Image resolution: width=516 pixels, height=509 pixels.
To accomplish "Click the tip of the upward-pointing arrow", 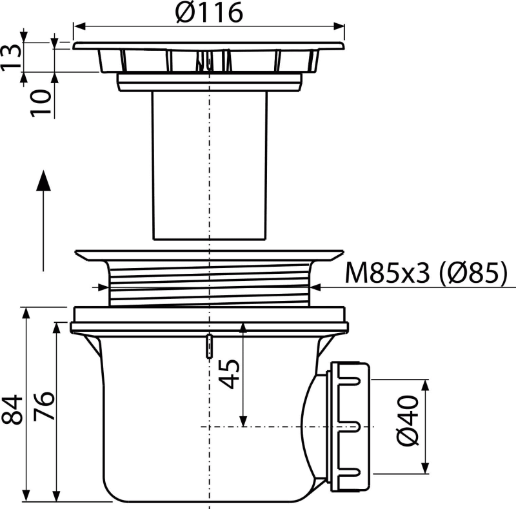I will pyautogui.click(x=42, y=173).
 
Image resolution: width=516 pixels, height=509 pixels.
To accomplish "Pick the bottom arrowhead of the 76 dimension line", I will pyautogui.click(x=57, y=497).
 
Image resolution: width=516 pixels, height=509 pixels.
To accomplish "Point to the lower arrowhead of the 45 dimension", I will pyautogui.click(x=243, y=421).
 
